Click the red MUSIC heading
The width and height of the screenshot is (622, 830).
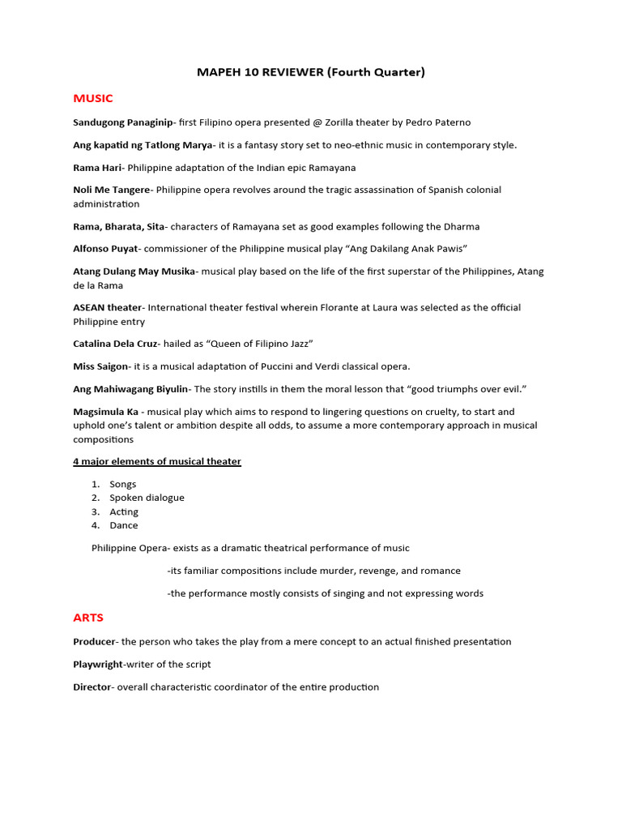[x=93, y=99]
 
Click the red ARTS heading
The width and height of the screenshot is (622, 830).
[x=88, y=618]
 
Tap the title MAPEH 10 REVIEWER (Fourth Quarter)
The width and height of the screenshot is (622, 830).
[x=311, y=72]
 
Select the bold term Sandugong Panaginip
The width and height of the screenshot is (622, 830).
[x=122, y=122]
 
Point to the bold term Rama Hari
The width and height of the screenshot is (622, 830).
[x=97, y=168]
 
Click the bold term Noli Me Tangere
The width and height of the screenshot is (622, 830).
[x=111, y=190]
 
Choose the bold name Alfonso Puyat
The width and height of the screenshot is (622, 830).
[x=106, y=248]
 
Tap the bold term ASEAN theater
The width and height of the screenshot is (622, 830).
[x=107, y=307]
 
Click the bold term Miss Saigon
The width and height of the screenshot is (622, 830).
[x=100, y=366]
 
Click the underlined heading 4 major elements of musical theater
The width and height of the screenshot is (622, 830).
[x=157, y=461]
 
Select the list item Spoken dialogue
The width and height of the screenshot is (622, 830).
[x=147, y=498]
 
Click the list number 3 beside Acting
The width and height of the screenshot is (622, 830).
[x=96, y=511]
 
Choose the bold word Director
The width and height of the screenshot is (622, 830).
[x=92, y=687]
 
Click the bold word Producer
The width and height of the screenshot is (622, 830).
[x=94, y=641]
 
